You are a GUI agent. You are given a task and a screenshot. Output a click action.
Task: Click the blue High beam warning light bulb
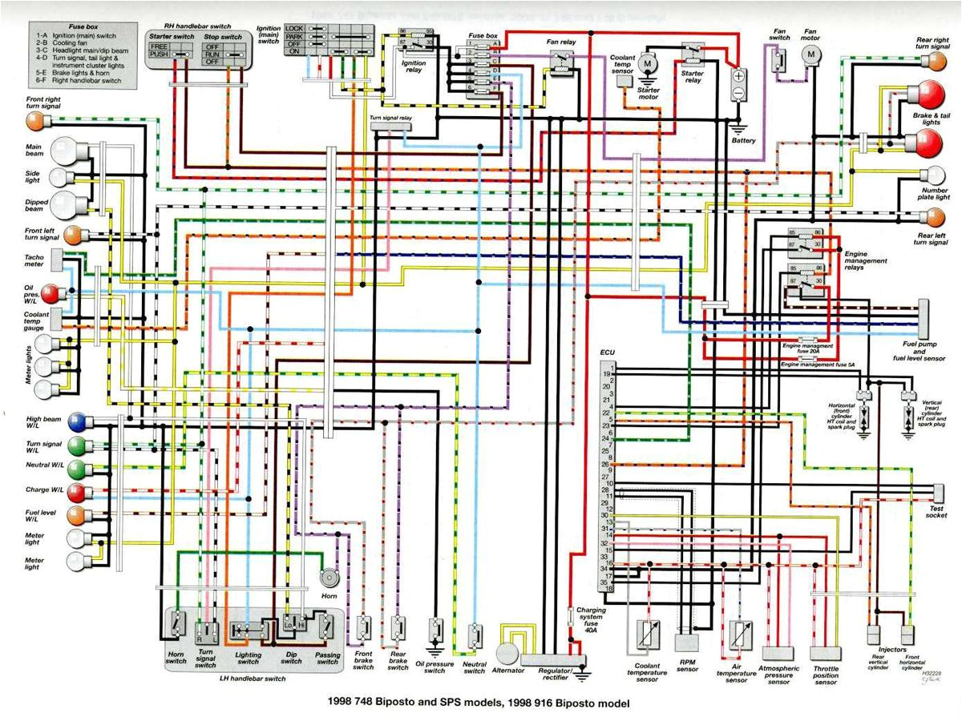tap(78, 421)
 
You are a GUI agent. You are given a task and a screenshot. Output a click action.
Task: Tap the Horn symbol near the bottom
tap(329, 577)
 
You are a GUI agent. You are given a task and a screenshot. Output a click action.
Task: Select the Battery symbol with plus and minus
tap(738, 84)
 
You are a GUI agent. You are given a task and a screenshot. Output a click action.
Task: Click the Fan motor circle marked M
tap(811, 54)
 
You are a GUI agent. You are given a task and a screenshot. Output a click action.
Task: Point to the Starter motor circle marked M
tap(649, 62)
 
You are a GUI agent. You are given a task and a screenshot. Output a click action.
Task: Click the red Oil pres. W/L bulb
tap(51, 294)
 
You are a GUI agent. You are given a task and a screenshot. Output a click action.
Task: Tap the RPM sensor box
tap(687, 642)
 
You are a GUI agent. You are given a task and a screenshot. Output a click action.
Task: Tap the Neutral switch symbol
tap(475, 637)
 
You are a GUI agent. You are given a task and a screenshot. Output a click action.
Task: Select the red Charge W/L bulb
tap(78, 491)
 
